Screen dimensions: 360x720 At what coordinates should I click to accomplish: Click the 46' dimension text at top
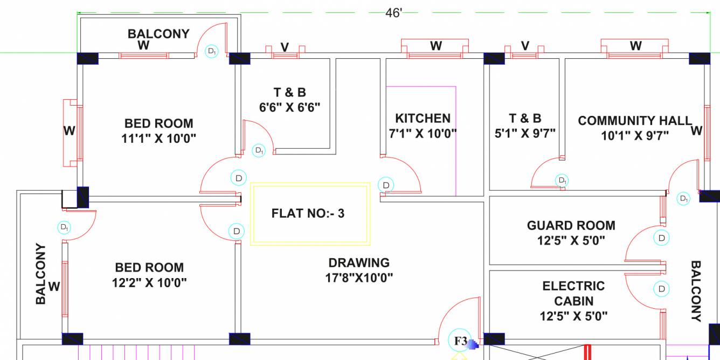pyautogui.click(x=393, y=13)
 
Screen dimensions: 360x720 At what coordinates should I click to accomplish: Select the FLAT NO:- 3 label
pyautogui.click(x=308, y=213)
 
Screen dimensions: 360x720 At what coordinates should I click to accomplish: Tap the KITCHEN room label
pyautogui.click(x=423, y=119)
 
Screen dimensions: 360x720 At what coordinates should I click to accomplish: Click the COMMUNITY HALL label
pyautogui.click(x=634, y=121)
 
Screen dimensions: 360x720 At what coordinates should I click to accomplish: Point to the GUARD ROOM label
pyautogui.click(x=571, y=225)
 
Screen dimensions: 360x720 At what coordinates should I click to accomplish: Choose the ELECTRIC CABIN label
pyautogui.click(x=573, y=294)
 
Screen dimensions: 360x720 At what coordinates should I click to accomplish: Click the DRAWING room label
pyautogui.click(x=358, y=263)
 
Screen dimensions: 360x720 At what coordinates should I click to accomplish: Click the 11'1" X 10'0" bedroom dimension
pyautogui.click(x=158, y=139)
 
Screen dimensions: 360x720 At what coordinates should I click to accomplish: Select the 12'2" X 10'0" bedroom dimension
pyautogui.click(x=149, y=282)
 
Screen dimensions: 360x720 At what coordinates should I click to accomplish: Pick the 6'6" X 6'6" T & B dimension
pyautogui.click(x=289, y=107)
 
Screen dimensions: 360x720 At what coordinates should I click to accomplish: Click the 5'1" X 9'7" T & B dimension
pyautogui.click(x=525, y=133)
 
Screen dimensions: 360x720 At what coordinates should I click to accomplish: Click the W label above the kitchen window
pyautogui.click(x=435, y=46)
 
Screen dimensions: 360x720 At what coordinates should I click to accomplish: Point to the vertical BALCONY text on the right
pyautogui.click(x=696, y=291)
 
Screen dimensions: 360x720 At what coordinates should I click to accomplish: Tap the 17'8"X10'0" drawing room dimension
pyautogui.click(x=359, y=278)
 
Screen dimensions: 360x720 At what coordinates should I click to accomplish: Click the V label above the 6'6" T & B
pyautogui.click(x=284, y=47)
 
